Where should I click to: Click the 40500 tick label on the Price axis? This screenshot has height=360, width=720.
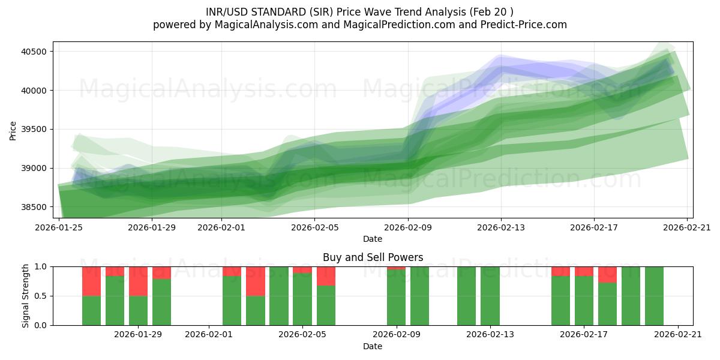pos(34,52)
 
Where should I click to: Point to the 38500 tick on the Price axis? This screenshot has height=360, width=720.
pos(34,207)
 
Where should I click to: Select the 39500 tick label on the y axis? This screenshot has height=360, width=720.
pos(34,129)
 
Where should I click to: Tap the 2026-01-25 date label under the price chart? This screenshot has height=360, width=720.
pos(59,227)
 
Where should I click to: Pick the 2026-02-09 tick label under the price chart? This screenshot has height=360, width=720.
pos(409,227)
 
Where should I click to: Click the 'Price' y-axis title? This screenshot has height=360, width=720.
pos(13,130)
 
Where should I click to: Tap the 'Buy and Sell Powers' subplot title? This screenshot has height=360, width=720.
pos(373,257)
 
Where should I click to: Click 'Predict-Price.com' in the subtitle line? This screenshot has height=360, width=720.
pos(521,25)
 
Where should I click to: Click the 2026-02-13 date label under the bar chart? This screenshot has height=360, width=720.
pos(490,335)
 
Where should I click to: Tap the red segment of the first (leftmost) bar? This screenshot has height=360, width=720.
pos(91,281)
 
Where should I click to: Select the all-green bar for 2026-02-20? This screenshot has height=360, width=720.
pos(654,296)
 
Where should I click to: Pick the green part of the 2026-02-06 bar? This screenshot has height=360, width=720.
pos(326,305)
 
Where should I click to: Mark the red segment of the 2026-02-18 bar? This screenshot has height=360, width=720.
pos(607,274)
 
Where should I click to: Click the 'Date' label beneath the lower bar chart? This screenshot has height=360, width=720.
pos(373,346)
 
